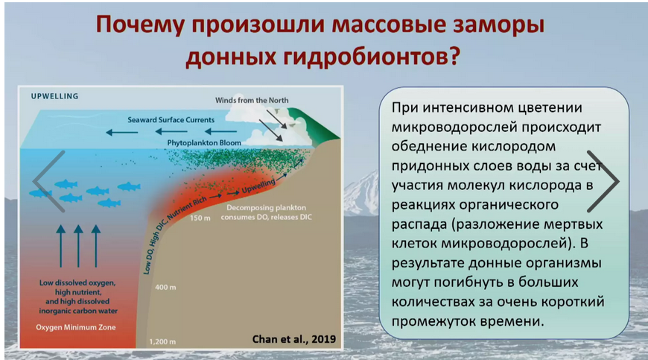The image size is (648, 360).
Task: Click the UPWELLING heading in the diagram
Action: coord(54,96)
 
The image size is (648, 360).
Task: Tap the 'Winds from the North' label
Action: coord(252,100)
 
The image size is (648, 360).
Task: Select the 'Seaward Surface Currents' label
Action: coord(171,120)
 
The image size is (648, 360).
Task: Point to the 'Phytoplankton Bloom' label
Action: coord(204,142)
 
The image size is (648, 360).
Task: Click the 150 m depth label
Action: coord(200,218)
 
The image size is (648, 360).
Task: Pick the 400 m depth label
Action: coord(165,287)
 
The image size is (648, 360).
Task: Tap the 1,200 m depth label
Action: coord(162,342)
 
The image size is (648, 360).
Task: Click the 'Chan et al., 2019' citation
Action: coord(293,339)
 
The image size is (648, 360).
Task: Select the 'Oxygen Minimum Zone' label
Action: coord(76,327)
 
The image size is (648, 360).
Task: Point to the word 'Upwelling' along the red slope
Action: coord(258,186)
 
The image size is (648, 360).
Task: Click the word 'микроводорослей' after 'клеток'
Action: coord(504,243)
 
